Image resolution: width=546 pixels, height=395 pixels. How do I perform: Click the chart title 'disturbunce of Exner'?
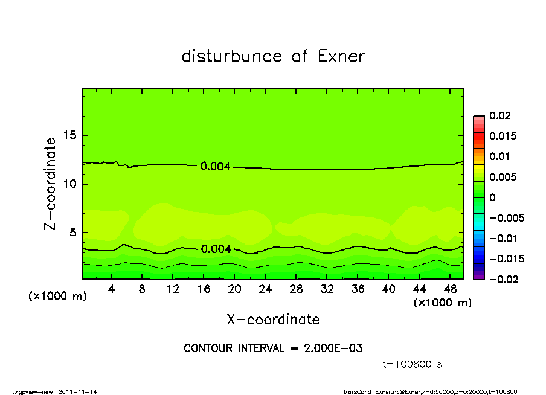pos(273,56)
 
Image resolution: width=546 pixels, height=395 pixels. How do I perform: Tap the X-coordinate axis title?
pos(273,320)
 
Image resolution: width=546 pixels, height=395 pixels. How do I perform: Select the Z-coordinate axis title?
pos(51,183)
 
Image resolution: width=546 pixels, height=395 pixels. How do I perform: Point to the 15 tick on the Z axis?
pos(71,135)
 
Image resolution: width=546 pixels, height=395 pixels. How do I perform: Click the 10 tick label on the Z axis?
pos(71,184)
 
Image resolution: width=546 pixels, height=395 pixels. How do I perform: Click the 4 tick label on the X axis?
pos(112,289)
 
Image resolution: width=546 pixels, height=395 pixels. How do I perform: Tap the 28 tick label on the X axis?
pos(296,289)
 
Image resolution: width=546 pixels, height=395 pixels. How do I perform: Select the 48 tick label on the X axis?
pos(450,289)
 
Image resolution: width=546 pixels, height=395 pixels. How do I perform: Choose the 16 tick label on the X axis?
pos(204,289)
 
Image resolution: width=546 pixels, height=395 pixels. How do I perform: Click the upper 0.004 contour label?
pos(215,167)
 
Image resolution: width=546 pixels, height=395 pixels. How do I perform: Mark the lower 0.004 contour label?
pos(215,249)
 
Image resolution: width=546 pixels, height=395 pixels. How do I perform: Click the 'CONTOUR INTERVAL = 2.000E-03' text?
pos(273,348)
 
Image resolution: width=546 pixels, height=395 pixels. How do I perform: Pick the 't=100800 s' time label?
pos(413,364)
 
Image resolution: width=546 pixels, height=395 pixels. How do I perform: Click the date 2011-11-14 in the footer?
pos(78,391)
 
